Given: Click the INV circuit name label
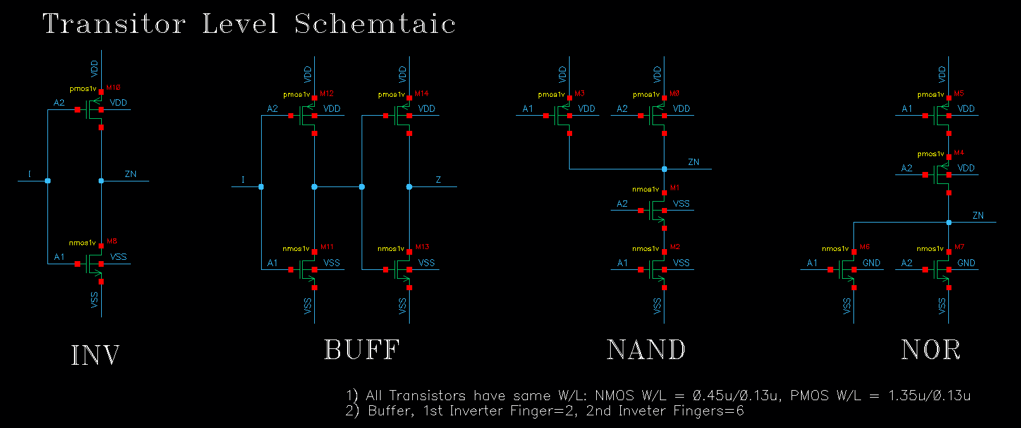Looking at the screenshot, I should (95, 355).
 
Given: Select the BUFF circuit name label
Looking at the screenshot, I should (362, 350).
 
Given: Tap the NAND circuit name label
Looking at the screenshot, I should (645, 350).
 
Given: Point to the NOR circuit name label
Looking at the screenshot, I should (930, 350).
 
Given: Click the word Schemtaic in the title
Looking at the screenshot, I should (375, 24).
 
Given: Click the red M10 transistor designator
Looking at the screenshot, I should (113, 87).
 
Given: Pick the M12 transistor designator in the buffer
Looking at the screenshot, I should (326, 94).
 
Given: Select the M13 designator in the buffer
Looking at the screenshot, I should (422, 247).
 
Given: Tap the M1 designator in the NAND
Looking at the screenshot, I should (675, 188).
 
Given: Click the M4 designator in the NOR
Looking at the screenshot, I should (959, 153).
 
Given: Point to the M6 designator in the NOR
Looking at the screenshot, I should (864, 247).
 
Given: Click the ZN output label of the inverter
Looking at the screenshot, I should (130, 174).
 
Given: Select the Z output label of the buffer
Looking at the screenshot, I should (438, 180).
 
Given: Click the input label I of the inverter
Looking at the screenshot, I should (29, 174).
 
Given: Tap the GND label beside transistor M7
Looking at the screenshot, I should (965, 263).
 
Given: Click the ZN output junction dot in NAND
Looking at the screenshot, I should (664, 169).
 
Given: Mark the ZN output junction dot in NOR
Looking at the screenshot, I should (949, 223).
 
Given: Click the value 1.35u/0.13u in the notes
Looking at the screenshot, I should (929, 396).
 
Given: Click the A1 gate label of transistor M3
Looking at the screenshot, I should (527, 109).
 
